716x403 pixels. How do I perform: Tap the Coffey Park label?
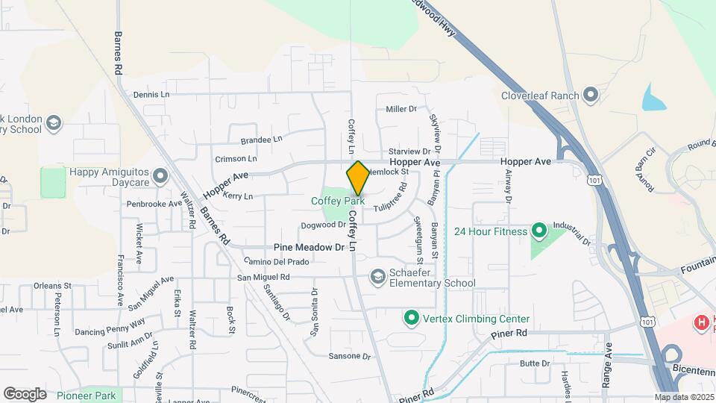(338, 201)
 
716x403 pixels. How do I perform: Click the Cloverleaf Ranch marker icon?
(591, 95)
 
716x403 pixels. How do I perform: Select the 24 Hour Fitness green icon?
(538, 231)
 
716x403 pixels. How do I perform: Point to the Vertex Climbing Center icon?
(410, 319)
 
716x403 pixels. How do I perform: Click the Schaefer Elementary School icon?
(379, 278)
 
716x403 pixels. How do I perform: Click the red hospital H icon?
(701, 322)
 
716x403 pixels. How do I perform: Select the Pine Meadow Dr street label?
(309, 247)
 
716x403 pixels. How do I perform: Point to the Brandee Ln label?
(261, 140)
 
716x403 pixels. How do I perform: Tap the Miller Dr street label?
(401, 109)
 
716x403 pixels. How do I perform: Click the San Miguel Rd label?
(263, 278)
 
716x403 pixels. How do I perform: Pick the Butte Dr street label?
(535, 363)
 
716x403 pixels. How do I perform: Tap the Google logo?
(25, 393)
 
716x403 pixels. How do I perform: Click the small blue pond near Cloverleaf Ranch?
(654, 99)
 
